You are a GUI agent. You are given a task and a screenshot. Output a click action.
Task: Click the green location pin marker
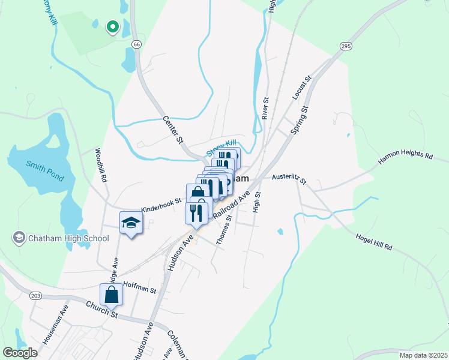click(x=112, y=26)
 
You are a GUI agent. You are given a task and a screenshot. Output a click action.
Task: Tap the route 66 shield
click(x=137, y=44)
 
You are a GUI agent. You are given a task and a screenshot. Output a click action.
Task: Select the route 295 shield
click(x=345, y=46)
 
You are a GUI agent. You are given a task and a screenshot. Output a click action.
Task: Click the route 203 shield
click(x=35, y=296)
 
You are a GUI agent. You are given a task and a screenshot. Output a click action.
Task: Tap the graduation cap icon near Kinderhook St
click(x=130, y=223)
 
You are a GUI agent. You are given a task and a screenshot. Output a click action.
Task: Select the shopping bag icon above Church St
click(x=112, y=295)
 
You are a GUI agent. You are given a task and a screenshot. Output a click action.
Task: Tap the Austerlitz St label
click(x=289, y=179)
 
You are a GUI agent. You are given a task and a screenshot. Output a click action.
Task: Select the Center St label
click(x=173, y=130)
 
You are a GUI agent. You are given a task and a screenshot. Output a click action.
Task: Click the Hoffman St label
click(x=139, y=287)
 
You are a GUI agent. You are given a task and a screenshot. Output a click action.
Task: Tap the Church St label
click(x=101, y=310)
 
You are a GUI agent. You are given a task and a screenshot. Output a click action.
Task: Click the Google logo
click(x=20, y=353)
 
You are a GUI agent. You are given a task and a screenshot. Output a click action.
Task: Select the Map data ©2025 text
click(x=423, y=355)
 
